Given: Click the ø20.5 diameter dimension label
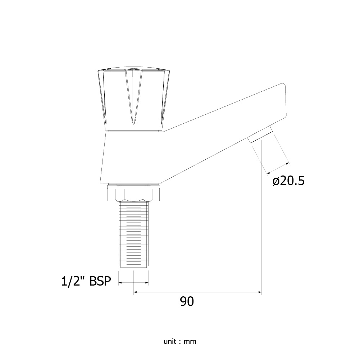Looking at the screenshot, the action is pos(288,181).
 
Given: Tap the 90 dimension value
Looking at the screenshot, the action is pos(187,301).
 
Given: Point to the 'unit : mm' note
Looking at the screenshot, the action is pos(180,341).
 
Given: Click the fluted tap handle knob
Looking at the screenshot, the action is pos(134,100).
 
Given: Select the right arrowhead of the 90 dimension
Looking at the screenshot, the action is pos(260,292).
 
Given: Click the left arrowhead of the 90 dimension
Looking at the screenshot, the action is pos(136,292).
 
